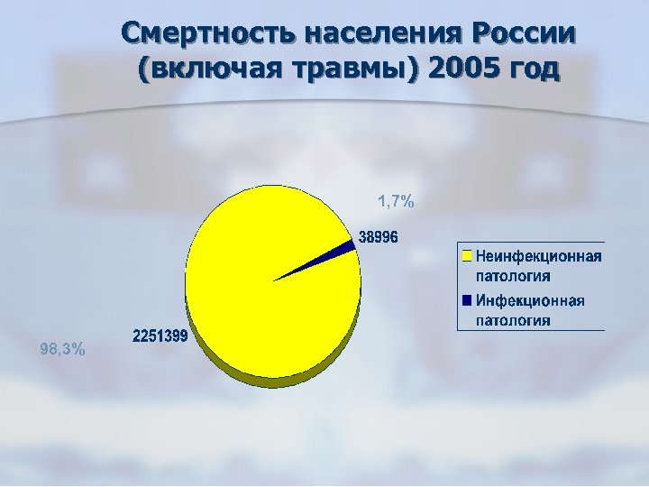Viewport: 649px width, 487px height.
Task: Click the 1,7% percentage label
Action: (395, 202)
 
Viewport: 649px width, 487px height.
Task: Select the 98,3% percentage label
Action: (64, 350)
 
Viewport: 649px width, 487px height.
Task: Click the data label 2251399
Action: (160, 337)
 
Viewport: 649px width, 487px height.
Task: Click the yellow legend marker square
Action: (467, 255)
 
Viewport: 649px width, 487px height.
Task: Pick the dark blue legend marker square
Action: (467, 299)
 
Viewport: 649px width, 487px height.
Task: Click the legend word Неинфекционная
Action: (538, 256)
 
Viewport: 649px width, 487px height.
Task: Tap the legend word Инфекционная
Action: (530, 300)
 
